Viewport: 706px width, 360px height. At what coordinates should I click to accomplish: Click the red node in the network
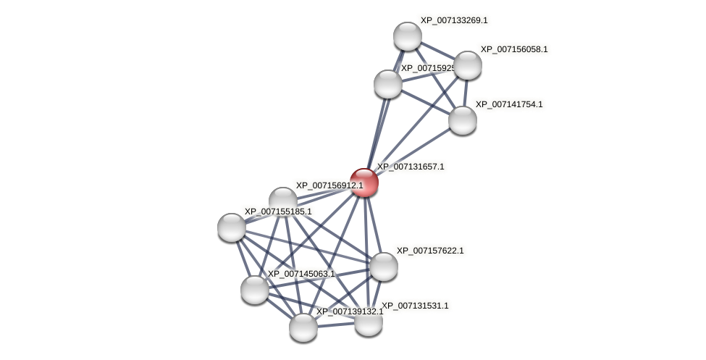point(364,183)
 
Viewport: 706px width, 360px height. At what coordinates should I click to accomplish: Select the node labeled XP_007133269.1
point(408,36)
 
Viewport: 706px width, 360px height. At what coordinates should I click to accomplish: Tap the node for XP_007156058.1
point(468,65)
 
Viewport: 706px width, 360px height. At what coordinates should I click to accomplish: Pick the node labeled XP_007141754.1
point(463,120)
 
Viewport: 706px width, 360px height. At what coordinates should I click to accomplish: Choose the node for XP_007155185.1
point(232,227)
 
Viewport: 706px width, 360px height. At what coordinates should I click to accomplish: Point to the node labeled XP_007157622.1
point(384,267)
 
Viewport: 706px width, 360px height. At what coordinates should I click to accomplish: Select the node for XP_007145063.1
point(255,290)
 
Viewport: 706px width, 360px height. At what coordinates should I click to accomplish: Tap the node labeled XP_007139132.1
point(303,327)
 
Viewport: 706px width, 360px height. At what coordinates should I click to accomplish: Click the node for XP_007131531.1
point(369,322)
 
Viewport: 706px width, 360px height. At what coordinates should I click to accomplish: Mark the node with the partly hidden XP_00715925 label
point(388,84)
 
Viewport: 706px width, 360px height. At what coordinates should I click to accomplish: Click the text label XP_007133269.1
point(454,20)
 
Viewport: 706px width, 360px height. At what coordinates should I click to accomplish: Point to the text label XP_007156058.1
point(514,49)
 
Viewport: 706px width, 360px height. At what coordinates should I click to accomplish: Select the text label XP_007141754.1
point(509,104)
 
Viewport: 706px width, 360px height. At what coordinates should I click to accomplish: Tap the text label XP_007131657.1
point(411,167)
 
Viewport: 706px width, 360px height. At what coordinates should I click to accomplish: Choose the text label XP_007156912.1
point(329,185)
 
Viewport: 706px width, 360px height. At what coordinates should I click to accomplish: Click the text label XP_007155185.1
point(278,212)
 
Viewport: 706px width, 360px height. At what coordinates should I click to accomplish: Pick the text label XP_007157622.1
point(430,251)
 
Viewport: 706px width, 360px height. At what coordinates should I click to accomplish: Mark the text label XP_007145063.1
point(301,274)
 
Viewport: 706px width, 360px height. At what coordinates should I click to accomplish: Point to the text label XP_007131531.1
point(415,306)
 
